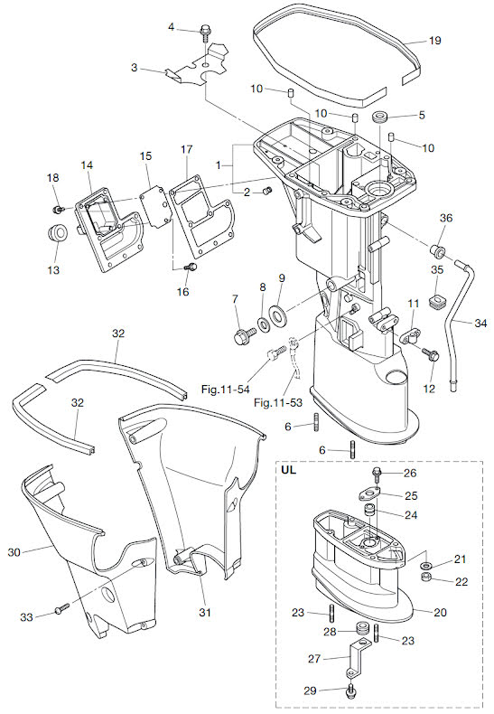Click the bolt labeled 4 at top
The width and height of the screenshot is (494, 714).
(x=205, y=33)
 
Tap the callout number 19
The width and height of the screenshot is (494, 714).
(x=435, y=41)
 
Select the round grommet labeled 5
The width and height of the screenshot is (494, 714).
(x=380, y=117)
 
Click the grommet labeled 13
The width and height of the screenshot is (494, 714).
(x=58, y=232)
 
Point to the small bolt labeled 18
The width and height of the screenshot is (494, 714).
(x=58, y=209)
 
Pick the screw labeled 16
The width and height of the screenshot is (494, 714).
(x=191, y=268)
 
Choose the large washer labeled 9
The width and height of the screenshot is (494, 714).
(x=277, y=315)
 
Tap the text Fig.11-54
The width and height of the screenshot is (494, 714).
(x=226, y=390)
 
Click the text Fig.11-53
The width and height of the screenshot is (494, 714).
(x=278, y=402)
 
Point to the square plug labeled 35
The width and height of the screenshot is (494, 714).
(x=438, y=302)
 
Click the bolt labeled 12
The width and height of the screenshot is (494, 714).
(x=430, y=353)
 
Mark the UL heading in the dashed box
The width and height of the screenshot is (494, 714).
(x=289, y=469)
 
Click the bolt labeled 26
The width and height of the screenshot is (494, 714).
(x=377, y=474)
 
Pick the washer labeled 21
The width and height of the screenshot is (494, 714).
(x=426, y=565)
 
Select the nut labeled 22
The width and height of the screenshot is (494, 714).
(x=426, y=578)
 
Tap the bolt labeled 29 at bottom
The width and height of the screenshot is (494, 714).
(x=350, y=691)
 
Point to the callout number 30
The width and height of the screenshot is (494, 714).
(x=14, y=552)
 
